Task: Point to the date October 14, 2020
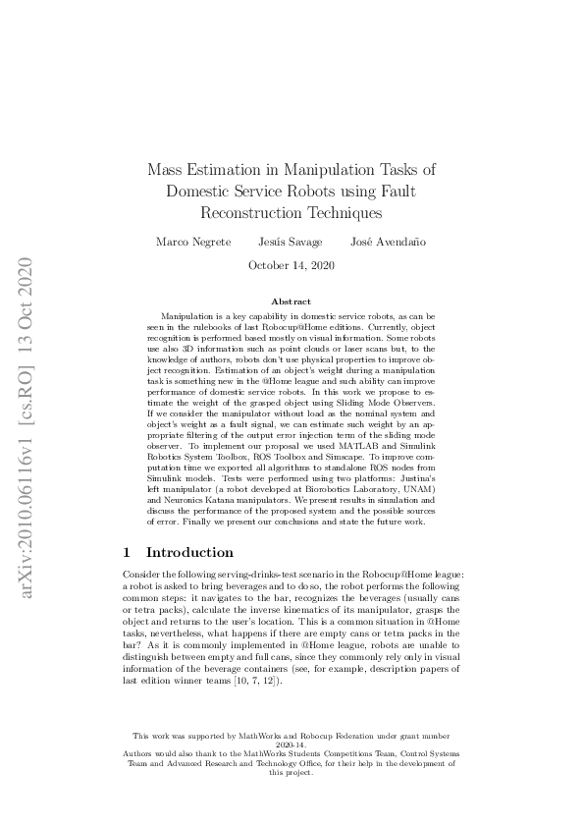click(292, 265)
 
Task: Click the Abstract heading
click(292, 301)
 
